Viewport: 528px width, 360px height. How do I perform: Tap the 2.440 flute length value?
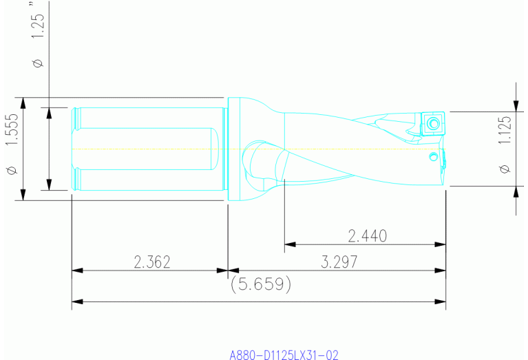coord(367,236)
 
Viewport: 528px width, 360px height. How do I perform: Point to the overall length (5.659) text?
coord(260,284)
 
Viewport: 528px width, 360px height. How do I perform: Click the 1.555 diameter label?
coord(10,131)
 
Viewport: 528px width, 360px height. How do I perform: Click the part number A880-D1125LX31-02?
coord(284,354)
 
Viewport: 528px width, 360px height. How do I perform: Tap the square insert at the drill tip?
coord(432,123)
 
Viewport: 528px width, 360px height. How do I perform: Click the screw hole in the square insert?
coord(433,124)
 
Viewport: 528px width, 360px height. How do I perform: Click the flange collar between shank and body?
coord(234,149)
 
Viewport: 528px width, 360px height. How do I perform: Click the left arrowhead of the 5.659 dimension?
coord(76,301)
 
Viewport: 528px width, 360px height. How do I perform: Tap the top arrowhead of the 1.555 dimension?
coord(23,102)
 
